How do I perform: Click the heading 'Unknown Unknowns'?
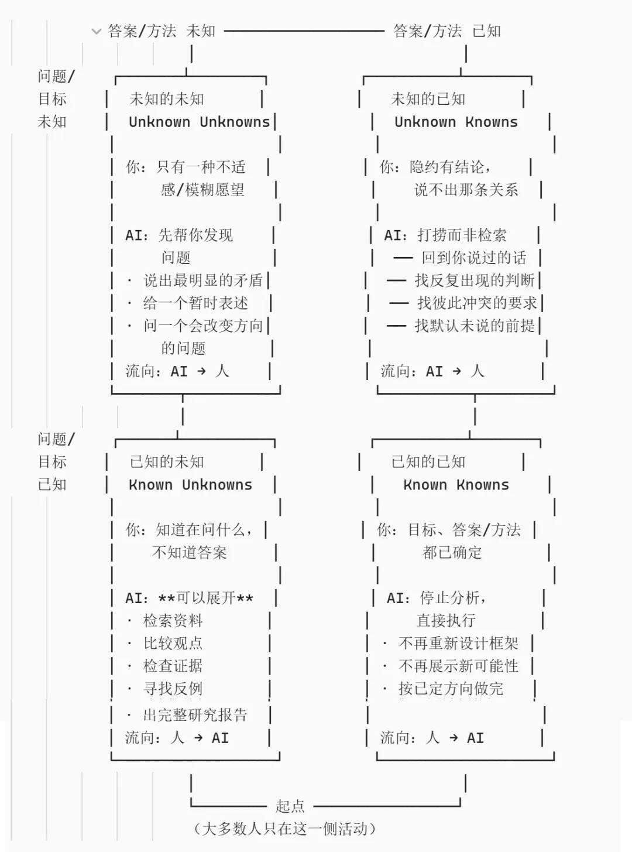200,122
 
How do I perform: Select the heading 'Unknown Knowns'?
456,122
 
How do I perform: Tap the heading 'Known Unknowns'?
190,485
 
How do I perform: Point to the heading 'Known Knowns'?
456,485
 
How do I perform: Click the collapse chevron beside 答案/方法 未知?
97,31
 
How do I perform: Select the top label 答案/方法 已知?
447,31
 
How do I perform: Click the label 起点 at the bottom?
290,806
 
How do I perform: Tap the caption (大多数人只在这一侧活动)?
284,829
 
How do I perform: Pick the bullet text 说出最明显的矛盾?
203,280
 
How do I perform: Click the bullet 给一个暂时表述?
196,303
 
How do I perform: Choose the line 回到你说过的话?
474,258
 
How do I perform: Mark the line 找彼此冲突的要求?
477,303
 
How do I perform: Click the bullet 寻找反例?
173,689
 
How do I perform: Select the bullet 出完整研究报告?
195,715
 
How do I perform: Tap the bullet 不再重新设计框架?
458,643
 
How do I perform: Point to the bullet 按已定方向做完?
451,689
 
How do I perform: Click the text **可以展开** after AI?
206,598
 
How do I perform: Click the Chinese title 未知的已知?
428,99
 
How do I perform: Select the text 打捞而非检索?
462,235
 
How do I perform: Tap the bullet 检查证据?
173,666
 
